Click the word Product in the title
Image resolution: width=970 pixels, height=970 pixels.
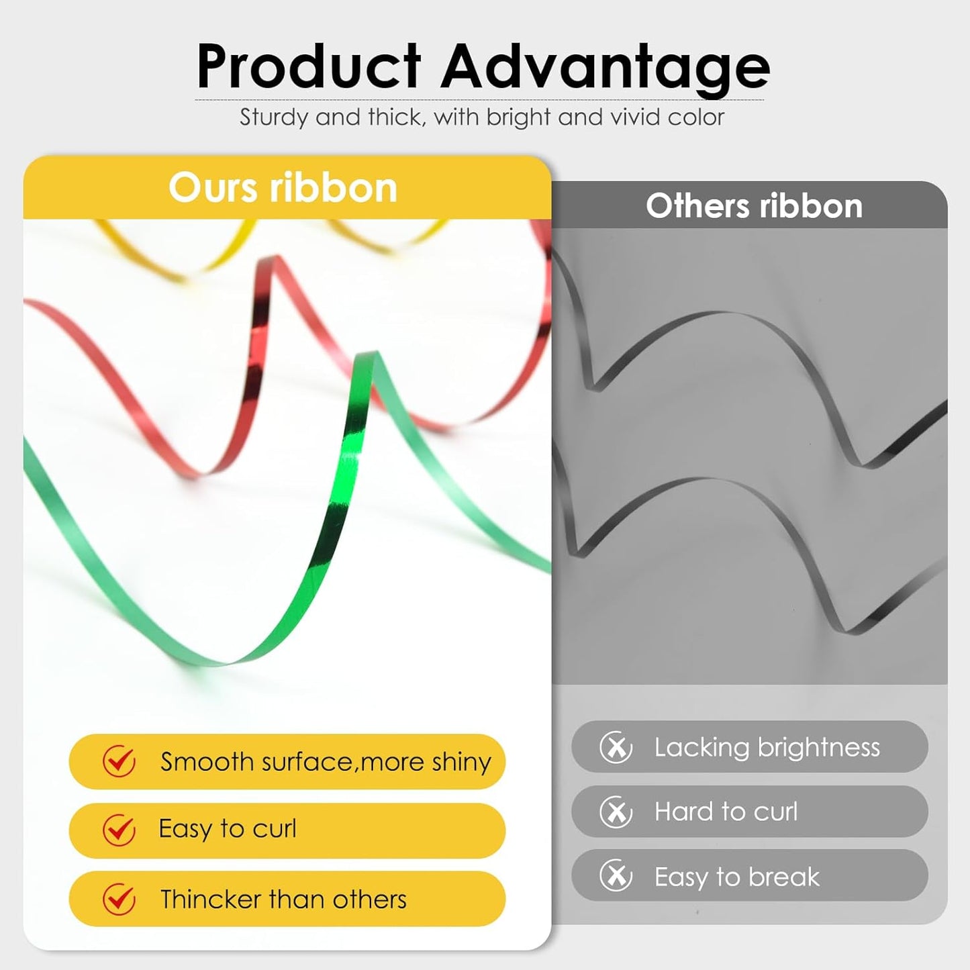(x=309, y=66)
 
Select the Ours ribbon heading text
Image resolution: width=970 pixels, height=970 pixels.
(x=283, y=188)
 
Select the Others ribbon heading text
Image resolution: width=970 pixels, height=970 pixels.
(x=754, y=206)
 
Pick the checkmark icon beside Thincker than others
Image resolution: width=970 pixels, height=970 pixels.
(x=119, y=899)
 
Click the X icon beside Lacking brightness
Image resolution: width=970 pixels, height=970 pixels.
(x=616, y=747)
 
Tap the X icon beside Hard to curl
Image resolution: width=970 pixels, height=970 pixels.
(x=616, y=812)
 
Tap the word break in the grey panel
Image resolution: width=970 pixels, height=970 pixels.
(x=784, y=877)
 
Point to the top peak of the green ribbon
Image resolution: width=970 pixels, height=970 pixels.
(x=367, y=354)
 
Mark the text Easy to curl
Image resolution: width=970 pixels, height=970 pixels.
(x=228, y=829)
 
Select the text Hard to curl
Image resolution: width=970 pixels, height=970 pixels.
(x=726, y=812)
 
